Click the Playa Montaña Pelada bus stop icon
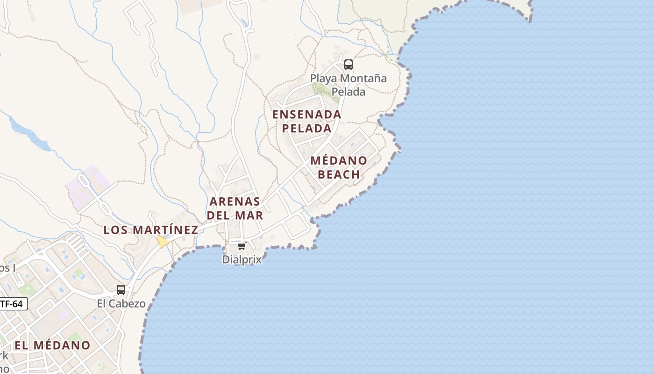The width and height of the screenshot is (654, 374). coord(348,65)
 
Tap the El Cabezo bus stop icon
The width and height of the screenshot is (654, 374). coord(121,290)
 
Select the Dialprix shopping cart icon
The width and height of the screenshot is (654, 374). coord(242,246)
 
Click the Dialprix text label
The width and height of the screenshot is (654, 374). coord(242,259)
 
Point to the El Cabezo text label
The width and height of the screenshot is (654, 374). coord(121,304)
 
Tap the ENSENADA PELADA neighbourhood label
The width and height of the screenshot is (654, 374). coord(307,121)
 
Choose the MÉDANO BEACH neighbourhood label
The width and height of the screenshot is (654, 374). coord(339,167)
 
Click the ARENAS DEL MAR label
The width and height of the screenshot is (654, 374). coord(235,209)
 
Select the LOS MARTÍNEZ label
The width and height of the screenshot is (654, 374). coord(151,230)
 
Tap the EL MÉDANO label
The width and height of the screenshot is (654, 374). coord(52,345)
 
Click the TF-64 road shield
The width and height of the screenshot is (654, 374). coord(12,304)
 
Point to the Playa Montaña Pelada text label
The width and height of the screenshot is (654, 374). coord(348,85)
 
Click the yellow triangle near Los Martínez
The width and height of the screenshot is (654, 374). coord(163,242)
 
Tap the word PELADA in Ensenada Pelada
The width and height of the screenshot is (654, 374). coord(307,128)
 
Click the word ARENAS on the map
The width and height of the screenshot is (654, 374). coord(235,201)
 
